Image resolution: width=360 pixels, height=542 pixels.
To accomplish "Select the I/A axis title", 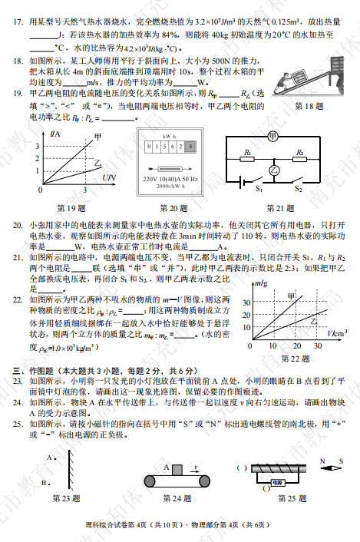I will [x=54, y=135].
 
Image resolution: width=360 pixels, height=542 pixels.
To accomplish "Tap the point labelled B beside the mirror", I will [x=48, y=482].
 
